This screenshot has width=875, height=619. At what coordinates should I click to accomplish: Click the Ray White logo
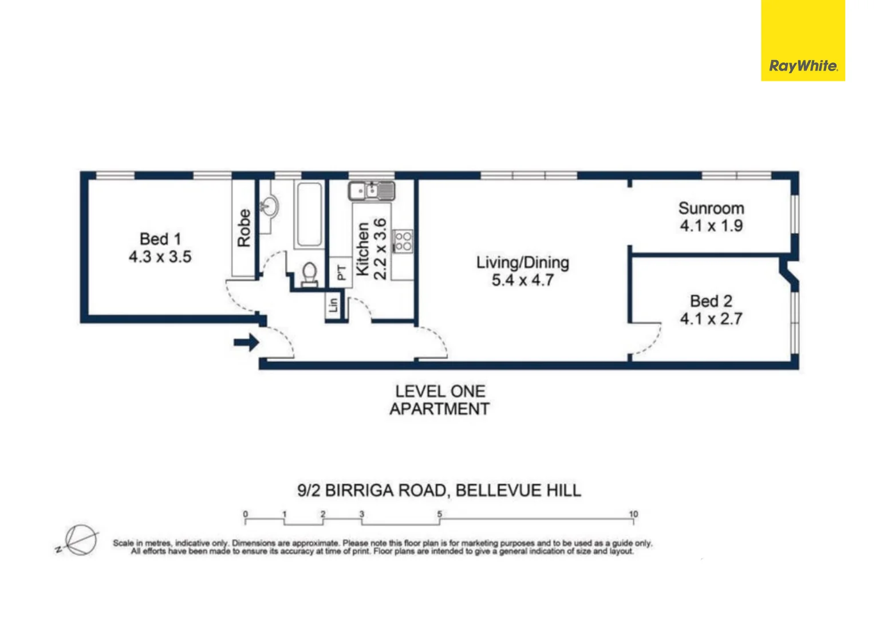coord(802,65)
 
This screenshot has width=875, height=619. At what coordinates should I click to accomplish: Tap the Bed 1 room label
coord(160,238)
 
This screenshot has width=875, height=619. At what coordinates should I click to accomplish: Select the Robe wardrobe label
coord(244,228)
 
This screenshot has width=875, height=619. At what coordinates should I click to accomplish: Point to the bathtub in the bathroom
coord(309,214)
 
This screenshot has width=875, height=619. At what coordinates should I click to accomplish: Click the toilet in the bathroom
coord(309,273)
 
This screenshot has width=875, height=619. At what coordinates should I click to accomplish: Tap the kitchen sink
coord(372,190)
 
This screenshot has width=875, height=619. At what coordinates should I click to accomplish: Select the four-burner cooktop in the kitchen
coord(403,241)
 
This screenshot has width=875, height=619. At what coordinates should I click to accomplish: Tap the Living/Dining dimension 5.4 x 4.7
coord(522,280)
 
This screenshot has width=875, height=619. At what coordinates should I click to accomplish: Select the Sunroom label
coord(711,208)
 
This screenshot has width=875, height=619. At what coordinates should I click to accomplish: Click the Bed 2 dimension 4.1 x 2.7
coord(711,319)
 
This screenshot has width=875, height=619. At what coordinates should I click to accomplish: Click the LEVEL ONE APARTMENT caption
coord(439,400)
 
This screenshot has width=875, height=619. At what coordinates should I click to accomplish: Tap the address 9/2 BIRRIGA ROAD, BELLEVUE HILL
coord(439,491)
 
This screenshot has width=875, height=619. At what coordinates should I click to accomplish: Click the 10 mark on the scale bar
coord(633,514)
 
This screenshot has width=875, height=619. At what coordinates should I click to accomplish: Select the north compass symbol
coord(79,540)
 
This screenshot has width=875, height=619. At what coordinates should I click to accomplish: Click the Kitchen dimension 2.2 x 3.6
coord(380,249)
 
